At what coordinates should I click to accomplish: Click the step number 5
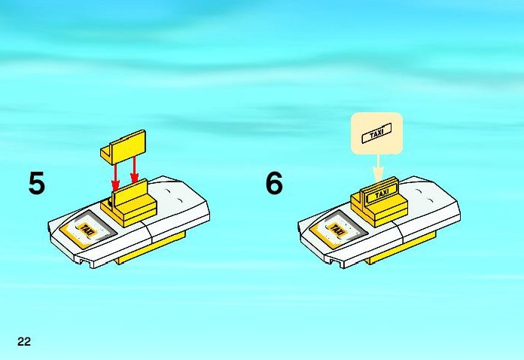coord(36,183)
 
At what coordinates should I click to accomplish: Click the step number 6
coord(274,183)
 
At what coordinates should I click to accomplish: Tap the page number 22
coord(24,341)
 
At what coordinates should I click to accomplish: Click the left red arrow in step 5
coord(115,176)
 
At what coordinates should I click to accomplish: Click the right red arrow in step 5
coord(134,170)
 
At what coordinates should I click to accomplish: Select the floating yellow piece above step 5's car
coord(123,147)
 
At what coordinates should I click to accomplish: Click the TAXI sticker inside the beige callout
coord(376,133)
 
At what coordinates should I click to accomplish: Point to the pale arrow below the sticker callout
coord(378,168)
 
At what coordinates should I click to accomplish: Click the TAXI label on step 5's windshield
coord(87,230)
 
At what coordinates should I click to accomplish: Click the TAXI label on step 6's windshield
coord(337,230)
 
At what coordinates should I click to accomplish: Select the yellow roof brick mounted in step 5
coord(129,204)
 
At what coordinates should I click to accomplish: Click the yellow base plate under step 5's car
coord(151,247)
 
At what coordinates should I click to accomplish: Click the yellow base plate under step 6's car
coord(401,248)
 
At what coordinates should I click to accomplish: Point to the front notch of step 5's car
coord(87,263)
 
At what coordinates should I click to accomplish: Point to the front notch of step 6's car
coord(337,263)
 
